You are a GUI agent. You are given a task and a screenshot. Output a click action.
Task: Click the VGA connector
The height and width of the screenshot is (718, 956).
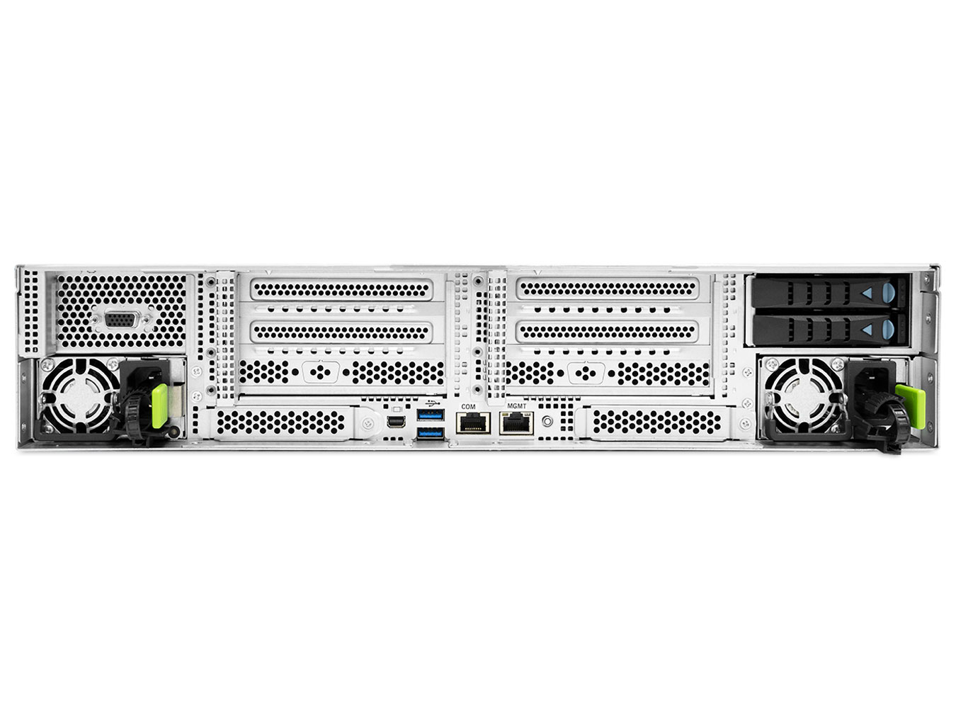[123, 320]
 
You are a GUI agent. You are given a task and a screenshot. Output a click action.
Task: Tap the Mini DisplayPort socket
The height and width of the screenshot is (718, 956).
[396, 422]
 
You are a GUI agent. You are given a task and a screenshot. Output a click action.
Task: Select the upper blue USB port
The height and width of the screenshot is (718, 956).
[431, 414]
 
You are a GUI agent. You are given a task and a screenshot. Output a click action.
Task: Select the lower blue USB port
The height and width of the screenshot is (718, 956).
[431, 433]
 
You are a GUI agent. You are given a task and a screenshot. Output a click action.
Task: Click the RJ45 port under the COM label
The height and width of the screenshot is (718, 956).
[474, 422]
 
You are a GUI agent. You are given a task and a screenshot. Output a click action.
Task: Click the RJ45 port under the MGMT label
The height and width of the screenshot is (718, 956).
[516, 422]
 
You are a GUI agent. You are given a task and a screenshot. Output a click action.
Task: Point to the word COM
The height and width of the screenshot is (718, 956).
[469, 406]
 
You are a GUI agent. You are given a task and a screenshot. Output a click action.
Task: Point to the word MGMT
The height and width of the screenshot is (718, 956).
[517, 406]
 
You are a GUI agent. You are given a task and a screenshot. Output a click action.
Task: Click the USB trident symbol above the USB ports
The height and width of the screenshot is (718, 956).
[431, 403]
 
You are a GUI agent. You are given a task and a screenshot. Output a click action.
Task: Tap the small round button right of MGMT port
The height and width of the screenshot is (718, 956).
[548, 422]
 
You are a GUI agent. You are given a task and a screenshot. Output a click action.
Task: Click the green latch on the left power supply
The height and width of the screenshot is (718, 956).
[159, 406]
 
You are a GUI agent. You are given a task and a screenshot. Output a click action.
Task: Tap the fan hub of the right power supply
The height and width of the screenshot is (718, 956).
[804, 397]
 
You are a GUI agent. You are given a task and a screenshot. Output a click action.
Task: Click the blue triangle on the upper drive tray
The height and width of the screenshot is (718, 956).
[867, 293]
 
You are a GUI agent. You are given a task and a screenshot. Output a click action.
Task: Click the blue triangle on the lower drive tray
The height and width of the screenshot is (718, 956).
[867, 330]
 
